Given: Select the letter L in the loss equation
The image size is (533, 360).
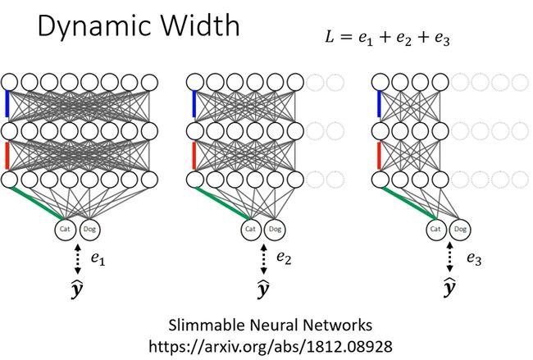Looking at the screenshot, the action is tap(330, 36).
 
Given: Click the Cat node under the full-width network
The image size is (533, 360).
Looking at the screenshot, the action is tap(65, 230).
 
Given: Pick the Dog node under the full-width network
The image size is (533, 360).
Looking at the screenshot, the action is tap(89, 230).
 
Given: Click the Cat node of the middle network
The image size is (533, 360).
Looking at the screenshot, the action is tap(251, 230).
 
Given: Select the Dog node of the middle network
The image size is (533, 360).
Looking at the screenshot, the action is tap(276, 230).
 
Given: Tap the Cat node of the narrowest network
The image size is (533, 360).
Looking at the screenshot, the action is tap(435, 230).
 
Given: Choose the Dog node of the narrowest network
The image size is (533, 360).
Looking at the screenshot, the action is tap(461, 230).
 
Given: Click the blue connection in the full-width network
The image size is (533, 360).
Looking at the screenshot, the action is tap(7, 103).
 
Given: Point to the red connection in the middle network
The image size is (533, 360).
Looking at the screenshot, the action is tap(194, 156).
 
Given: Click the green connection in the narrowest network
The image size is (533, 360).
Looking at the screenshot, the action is tap(408, 203).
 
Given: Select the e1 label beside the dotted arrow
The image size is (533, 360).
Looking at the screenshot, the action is tap(98, 258).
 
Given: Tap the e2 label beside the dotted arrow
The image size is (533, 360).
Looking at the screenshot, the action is tap(284, 257).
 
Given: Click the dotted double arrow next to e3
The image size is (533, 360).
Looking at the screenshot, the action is tap(449, 257).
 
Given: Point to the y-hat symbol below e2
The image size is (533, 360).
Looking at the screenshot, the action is tap(262, 289).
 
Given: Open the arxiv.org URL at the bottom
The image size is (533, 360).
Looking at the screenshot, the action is tap(271, 347).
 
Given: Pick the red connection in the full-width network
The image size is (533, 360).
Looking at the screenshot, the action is tap(7, 156).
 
